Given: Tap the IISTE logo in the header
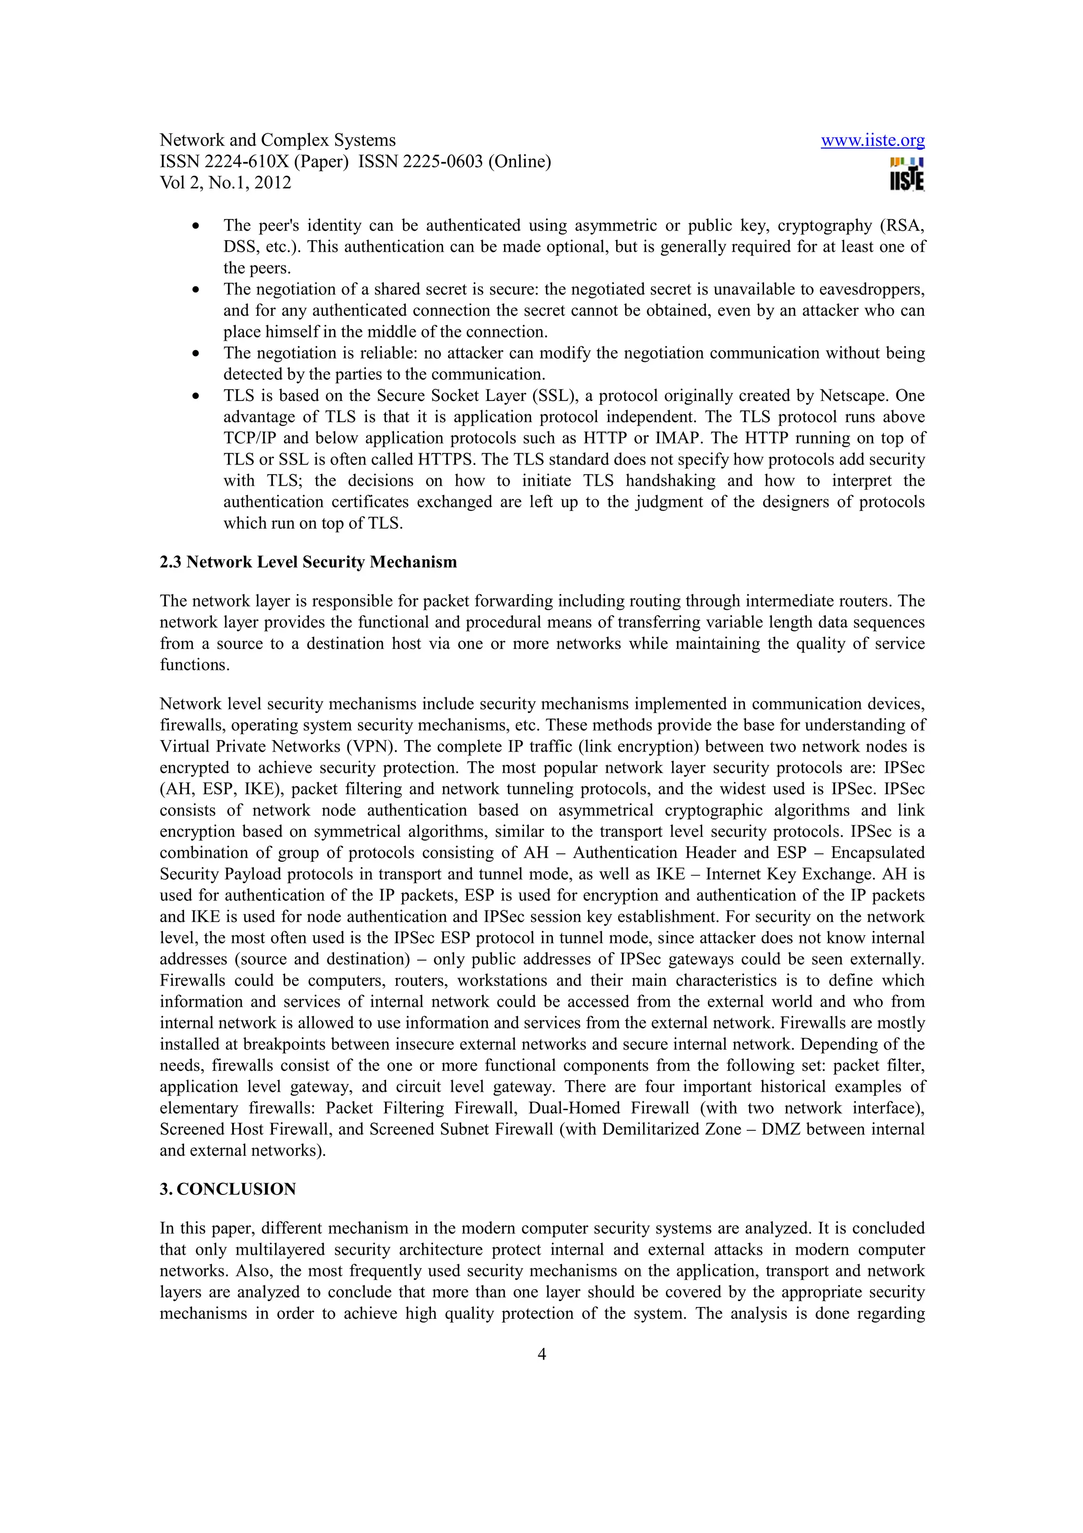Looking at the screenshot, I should click(x=906, y=175).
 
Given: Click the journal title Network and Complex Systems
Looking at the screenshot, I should click(x=278, y=140).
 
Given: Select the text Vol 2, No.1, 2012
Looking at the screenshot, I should click(x=226, y=183).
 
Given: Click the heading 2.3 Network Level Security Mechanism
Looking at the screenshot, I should click(x=308, y=562).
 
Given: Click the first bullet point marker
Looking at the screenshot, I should click(x=196, y=226).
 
